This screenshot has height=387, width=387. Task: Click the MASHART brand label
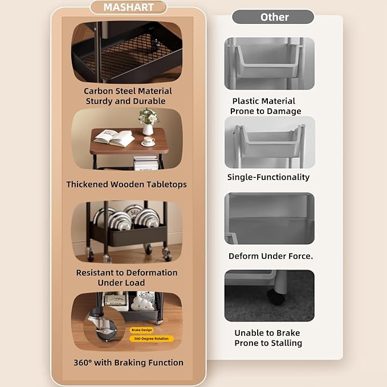click(129, 7)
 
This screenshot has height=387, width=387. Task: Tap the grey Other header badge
click(273, 17)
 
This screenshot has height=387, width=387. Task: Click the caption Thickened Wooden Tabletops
click(127, 184)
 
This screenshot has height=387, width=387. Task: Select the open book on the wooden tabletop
click(114, 138)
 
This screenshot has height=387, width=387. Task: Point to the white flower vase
click(148, 129)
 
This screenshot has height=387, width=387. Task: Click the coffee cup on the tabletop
click(148, 141)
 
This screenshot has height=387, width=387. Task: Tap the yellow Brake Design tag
click(142, 330)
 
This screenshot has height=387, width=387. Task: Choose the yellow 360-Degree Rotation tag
click(151, 339)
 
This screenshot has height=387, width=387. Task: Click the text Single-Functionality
click(268, 177)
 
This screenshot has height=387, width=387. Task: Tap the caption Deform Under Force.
click(271, 256)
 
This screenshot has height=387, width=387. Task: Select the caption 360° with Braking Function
click(128, 362)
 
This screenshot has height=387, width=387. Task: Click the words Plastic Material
click(263, 101)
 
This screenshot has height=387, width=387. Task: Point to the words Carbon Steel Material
click(128, 91)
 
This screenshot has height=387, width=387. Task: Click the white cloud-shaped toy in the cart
click(142, 304)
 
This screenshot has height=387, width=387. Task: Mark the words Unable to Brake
click(267, 333)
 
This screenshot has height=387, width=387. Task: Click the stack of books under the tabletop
click(146, 163)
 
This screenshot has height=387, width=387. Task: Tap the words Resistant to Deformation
click(127, 273)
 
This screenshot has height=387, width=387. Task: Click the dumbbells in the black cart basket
click(126, 218)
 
